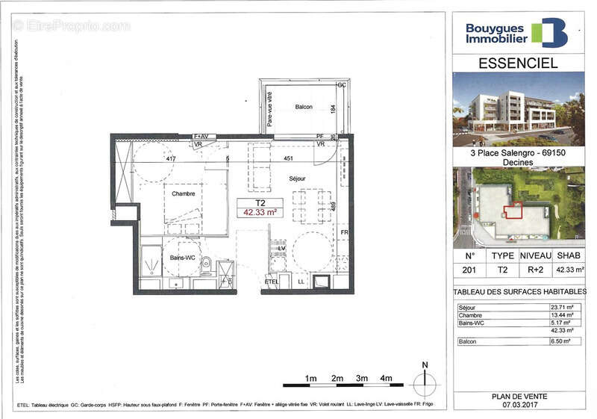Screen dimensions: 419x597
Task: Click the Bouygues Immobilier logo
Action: tap(516, 32)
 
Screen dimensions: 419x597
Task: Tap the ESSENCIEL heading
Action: tap(518, 63)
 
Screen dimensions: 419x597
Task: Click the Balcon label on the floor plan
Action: tap(303, 107)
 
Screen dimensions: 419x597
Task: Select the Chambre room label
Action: tap(183, 193)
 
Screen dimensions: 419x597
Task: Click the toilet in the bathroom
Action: tap(205, 263)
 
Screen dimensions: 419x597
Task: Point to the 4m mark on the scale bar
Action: tap(386, 379)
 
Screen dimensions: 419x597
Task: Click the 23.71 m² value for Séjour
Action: tap(560, 308)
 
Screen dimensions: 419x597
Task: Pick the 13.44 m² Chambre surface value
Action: tap(560, 315)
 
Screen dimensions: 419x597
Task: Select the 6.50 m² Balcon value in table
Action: tap(560, 341)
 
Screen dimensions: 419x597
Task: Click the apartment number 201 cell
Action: tap(469, 270)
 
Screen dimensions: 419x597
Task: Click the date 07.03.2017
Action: tap(518, 405)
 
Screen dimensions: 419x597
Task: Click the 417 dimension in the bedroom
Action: tap(170, 159)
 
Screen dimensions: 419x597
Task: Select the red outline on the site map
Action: tap(513, 211)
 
